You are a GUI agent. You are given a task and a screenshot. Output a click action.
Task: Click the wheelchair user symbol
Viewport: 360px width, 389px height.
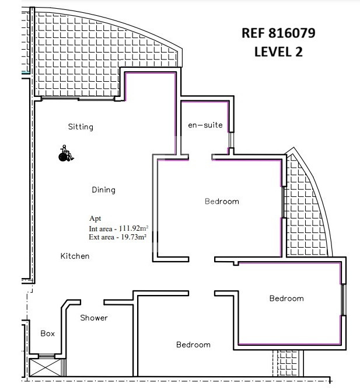(66, 153)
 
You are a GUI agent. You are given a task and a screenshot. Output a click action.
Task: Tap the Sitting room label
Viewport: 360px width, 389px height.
(81, 127)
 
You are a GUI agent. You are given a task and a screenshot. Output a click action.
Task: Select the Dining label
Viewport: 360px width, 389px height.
(103, 190)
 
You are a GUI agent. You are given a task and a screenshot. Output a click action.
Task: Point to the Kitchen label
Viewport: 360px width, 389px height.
(75, 256)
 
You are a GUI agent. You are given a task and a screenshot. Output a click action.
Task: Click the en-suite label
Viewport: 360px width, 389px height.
(205, 125)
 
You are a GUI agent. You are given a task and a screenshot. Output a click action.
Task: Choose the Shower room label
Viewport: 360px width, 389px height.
(94, 318)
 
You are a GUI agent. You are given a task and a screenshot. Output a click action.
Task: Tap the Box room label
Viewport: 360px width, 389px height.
(48, 334)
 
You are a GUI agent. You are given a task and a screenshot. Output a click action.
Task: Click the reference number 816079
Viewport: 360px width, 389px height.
(292, 33)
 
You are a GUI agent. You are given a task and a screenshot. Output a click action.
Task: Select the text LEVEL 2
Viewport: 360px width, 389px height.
(278, 52)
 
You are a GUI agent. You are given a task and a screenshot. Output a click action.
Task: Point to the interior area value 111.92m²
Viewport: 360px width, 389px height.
(134, 228)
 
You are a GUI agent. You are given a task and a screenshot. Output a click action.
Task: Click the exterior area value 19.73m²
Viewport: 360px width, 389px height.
(134, 237)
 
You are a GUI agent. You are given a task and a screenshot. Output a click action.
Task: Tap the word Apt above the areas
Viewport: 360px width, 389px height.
(95, 218)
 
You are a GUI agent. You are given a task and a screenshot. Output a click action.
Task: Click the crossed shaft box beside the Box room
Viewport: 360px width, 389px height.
(46, 367)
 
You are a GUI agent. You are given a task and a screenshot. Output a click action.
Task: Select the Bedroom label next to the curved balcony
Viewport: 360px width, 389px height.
(222, 201)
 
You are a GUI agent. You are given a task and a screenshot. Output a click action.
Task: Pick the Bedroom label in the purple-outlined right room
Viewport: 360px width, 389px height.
(286, 298)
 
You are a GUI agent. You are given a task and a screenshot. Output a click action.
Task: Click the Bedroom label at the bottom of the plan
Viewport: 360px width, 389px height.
(193, 345)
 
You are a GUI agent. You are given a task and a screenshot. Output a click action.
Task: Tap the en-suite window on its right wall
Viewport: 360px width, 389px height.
(231, 140)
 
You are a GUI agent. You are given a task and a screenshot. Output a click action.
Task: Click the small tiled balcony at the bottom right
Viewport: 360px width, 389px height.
(288, 363)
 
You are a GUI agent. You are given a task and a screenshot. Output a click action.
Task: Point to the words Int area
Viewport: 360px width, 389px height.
(100, 229)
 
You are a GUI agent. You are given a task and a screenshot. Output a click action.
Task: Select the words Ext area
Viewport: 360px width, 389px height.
(101, 237)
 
